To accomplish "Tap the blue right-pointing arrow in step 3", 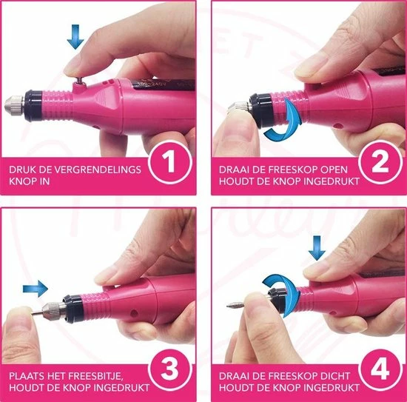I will tap(34, 287).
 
